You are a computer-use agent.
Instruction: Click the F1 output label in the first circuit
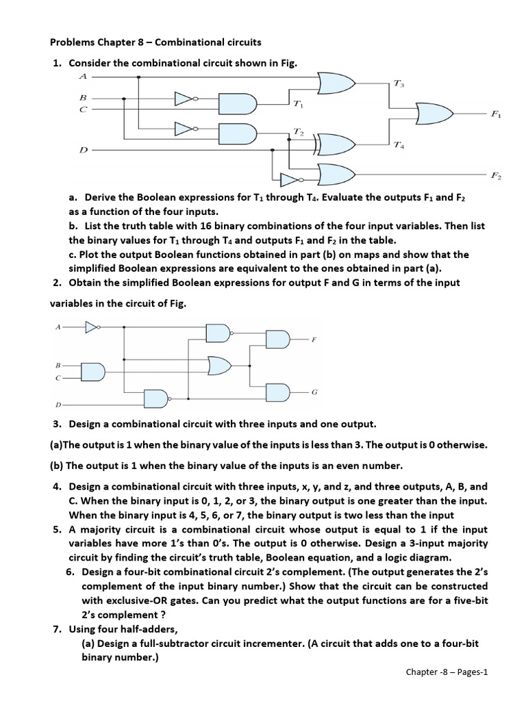[x=495, y=115]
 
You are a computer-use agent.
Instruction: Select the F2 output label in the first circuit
[x=495, y=177]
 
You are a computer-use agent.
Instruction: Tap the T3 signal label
[x=399, y=84]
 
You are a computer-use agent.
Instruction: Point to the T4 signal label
[x=399, y=145]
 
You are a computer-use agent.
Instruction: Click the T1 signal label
[x=297, y=105]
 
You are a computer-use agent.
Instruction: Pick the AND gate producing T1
[x=238, y=103]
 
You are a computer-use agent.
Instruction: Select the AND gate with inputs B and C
[x=93, y=370]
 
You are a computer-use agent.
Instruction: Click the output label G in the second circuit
[x=314, y=392]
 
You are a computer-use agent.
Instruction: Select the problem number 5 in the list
[x=56, y=530]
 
